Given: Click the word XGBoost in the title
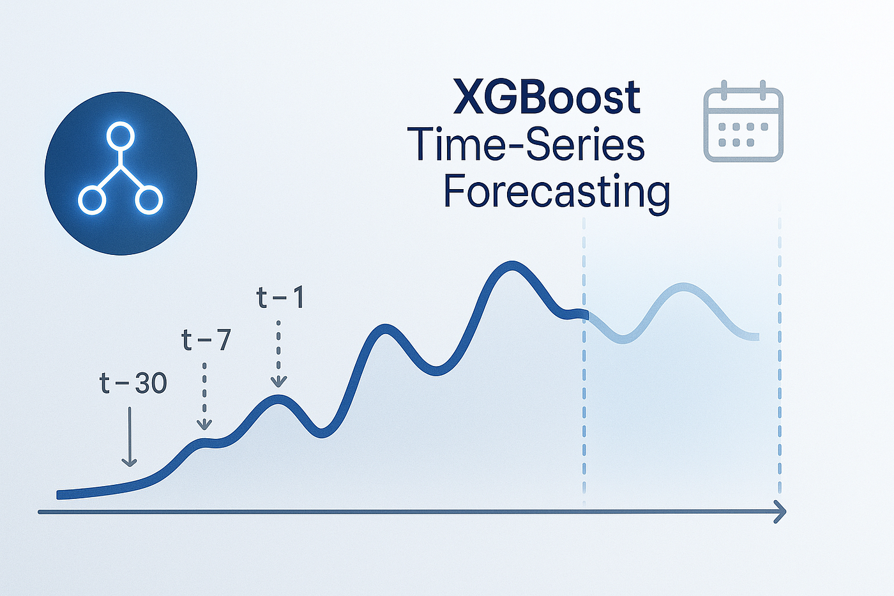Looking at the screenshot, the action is tap(547, 97).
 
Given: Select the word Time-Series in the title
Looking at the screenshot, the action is tap(525, 144).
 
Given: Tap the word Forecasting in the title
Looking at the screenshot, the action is tap(556, 193).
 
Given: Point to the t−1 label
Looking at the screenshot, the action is tap(280, 298).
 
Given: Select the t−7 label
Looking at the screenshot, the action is tap(206, 340).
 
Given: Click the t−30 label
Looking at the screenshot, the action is tap(133, 383).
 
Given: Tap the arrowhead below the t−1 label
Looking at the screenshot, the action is tap(278, 382).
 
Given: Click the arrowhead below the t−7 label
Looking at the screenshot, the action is tap(204, 425).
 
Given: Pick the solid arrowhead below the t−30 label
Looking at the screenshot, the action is tap(129, 462).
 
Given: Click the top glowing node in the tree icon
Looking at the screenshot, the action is tap(120, 136).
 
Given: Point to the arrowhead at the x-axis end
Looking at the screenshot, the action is tap(780, 512).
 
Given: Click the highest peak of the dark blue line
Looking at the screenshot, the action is tap(511, 266).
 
